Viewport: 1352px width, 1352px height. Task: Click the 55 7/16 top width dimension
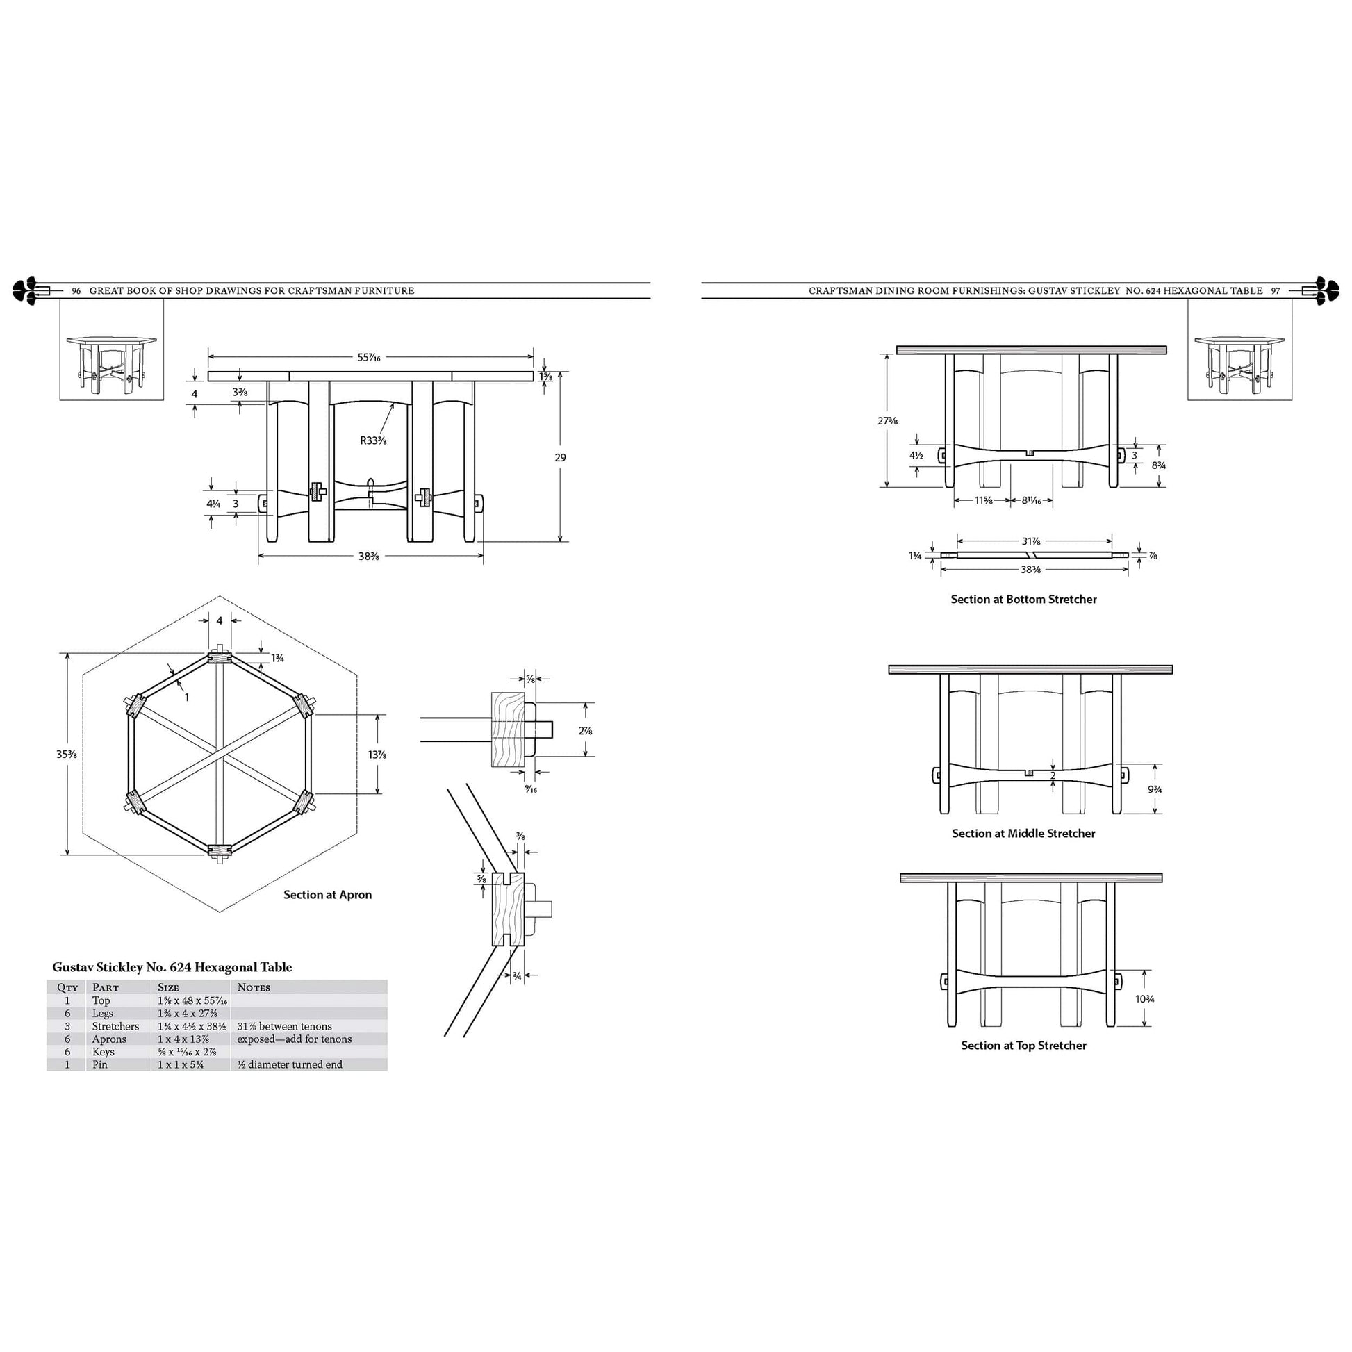pos(369,358)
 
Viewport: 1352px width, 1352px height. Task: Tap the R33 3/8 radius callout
pos(373,440)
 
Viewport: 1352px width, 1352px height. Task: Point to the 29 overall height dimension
pos(560,458)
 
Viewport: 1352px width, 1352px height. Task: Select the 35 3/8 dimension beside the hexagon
pos(67,755)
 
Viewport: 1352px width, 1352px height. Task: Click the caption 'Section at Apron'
pos(327,894)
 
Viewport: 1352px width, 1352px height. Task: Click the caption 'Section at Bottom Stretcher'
pos(1023,599)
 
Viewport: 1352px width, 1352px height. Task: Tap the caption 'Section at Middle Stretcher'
pos(1023,834)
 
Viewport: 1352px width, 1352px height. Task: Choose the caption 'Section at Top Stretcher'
pos(1023,1045)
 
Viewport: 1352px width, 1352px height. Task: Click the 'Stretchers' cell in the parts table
pos(115,1027)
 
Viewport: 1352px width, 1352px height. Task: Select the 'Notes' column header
pos(254,987)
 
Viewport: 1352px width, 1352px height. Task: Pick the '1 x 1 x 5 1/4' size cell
pos(181,1064)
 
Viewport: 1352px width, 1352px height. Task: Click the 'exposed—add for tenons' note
pos(294,1039)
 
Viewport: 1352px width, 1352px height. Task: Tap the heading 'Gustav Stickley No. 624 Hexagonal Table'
pos(172,967)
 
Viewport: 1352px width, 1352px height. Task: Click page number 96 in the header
pos(76,291)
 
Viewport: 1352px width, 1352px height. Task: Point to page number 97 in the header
pos(1275,291)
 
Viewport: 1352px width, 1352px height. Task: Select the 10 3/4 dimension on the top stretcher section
pos(1145,998)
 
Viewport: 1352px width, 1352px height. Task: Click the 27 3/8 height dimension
pos(887,420)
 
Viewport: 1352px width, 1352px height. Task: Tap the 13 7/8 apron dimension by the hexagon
pos(377,755)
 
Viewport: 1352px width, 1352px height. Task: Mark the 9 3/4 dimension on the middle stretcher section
pos(1155,789)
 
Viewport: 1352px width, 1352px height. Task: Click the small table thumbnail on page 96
pos(111,350)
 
